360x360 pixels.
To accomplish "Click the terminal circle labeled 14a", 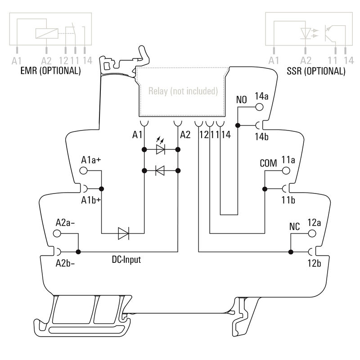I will pos(259,108).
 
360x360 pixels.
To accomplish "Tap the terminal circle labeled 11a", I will pos(286,171).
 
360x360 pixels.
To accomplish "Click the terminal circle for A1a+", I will pos(84,171).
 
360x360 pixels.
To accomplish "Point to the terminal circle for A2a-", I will pos(57,234).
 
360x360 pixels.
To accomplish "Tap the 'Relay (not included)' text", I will pos(183,91).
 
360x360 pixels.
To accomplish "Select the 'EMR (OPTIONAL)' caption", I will pos(50,71).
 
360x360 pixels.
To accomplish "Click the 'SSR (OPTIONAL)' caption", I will pos(316,71).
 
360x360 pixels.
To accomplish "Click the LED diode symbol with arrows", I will pos(160,149).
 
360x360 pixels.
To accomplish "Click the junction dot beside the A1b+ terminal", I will pos(102,189).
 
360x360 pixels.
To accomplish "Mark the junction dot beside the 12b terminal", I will pos(291,252).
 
